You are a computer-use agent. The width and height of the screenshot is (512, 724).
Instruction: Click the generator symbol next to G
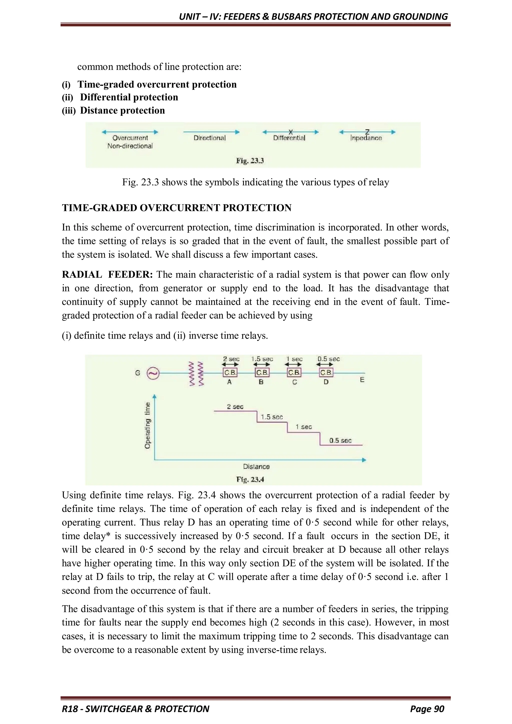click(x=153, y=374)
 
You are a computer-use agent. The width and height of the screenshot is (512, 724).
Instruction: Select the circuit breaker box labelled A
click(x=230, y=372)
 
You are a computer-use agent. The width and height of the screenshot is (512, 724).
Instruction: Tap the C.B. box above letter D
click(x=326, y=372)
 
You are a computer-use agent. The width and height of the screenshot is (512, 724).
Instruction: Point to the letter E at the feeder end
click(x=362, y=380)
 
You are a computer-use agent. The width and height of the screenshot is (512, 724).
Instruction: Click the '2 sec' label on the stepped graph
click(x=235, y=407)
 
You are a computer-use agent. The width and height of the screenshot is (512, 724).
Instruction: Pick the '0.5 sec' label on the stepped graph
click(x=340, y=440)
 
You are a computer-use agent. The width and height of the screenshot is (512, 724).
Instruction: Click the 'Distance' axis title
click(x=256, y=466)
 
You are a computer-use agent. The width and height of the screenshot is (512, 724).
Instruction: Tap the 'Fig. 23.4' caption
click(x=250, y=480)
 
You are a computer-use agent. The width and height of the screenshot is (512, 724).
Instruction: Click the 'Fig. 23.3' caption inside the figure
click(x=250, y=161)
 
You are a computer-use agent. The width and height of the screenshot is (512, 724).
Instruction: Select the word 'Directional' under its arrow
click(x=210, y=138)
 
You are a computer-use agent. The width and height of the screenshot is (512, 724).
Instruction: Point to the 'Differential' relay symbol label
click(x=289, y=138)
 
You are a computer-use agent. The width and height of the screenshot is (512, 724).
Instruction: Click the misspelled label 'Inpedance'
click(x=366, y=138)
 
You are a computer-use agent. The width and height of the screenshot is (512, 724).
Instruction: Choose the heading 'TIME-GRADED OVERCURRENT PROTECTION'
click(x=176, y=208)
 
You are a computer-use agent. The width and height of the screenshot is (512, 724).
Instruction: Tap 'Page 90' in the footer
click(x=427, y=709)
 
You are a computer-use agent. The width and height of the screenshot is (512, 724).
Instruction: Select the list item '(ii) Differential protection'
click(x=120, y=97)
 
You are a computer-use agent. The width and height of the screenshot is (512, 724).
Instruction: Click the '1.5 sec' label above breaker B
click(x=262, y=359)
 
